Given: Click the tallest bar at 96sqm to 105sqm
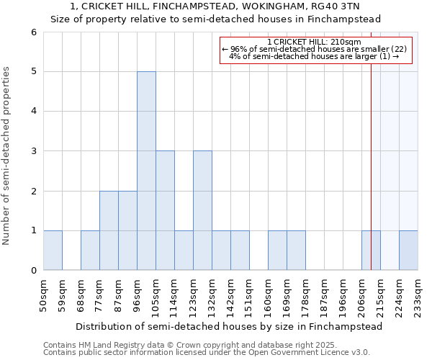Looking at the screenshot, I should click(146, 171).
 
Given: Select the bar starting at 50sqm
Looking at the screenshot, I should click(53, 250).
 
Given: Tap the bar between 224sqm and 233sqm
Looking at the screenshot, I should click(408, 250).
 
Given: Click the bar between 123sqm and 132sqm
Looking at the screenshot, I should click(202, 210).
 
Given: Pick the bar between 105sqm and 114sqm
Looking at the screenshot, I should click(165, 210).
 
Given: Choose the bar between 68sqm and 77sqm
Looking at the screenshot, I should click(90, 250).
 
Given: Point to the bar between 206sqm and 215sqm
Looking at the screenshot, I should click(371, 250).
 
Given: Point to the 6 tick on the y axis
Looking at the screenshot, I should click(33, 32).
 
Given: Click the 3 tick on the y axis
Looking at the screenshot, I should click(33, 151).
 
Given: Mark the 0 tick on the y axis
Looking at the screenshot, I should click(33, 271).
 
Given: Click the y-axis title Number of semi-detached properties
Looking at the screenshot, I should click(7, 156).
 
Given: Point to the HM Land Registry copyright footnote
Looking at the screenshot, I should click(180, 345).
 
